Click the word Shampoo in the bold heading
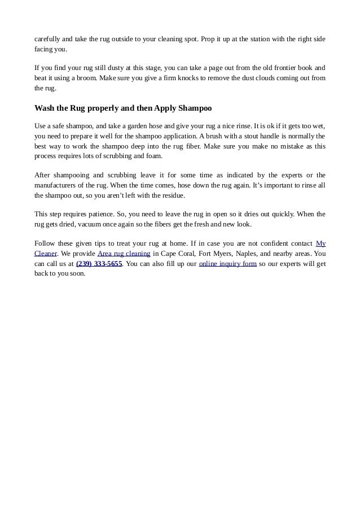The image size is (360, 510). (195, 108)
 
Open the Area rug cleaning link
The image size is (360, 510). (124, 254)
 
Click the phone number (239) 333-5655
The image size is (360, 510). (99, 264)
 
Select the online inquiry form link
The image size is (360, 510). (227, 264)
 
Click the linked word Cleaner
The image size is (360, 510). (46, 254)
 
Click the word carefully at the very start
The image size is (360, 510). (47, 39)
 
